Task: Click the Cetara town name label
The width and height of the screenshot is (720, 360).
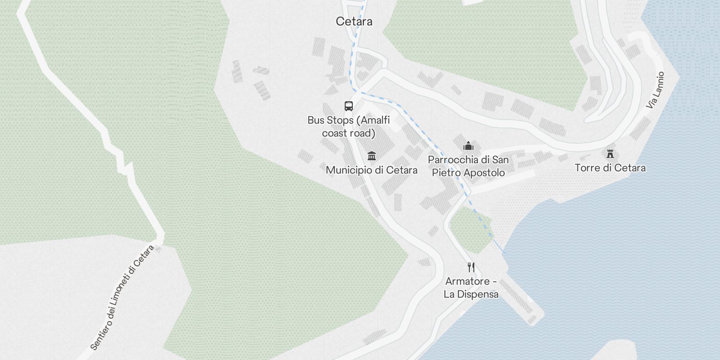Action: click(x=354, y=21)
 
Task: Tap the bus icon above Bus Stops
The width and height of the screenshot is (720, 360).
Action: click(x=349, y=106)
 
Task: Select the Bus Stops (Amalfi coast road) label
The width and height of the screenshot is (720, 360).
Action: click(x=349, y=126)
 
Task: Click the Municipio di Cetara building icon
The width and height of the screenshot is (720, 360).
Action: click(x=372, y=156)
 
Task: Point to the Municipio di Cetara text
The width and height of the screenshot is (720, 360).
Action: click(x=372, y=170)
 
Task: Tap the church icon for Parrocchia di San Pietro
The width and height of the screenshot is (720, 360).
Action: click(x=468, y=146)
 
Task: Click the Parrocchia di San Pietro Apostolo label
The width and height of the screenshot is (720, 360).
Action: click(x=468, y=166)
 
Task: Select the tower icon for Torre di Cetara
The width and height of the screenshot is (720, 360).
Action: click(x=610, y=154)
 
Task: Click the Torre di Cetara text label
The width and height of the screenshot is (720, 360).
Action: click(x=610, y=168)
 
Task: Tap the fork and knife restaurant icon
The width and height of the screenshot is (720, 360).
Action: click(x=471, y=267)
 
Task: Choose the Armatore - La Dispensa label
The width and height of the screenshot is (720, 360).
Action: click(x=471, y=288)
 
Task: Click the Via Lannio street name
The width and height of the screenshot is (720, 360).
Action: click(x=655, y=90)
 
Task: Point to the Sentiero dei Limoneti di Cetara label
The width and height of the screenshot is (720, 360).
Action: click(x=122, y=297)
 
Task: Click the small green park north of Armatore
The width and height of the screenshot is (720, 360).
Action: click(x=470, y=229)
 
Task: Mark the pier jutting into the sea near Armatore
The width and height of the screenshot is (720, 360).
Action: click(x=522, y=299)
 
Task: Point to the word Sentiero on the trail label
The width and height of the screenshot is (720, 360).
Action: click(x=101, y=333)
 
